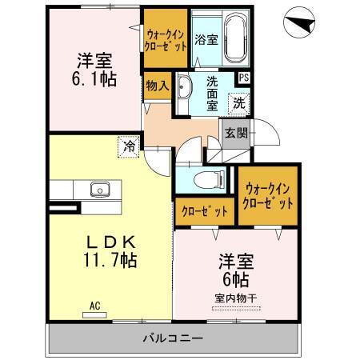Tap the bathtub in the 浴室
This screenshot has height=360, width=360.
click(x=235, y=38)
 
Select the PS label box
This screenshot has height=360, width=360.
click(x=242, y=78)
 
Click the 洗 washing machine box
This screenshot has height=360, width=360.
click(x=238, y=102)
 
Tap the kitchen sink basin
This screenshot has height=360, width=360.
click(x=100, y=190)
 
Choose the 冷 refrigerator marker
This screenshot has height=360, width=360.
click(x=129, y=146)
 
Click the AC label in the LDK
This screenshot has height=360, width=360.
click(x=95, y=305)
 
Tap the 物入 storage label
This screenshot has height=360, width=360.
click(x=156, y=85)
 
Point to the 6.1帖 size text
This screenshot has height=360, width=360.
click(x=94, y=78)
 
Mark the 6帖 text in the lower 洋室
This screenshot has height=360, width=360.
click(x=234, y=280)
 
